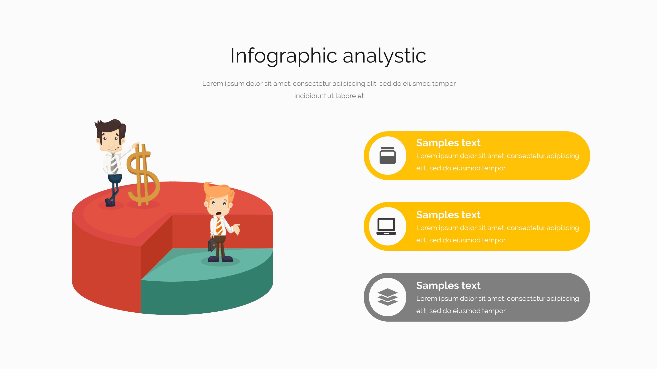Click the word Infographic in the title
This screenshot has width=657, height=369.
[284, 56]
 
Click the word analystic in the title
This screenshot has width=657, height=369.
[384, 56]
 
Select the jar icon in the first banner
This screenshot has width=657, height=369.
[388, 156]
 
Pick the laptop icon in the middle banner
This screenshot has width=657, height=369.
[386, 227]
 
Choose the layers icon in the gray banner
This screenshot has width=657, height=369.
[388, 297]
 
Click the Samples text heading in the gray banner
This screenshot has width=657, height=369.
[448, 285]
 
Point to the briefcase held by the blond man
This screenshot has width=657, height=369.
[212, 244]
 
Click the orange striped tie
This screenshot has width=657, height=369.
[219, 226]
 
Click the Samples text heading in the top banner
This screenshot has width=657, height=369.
[448, 143]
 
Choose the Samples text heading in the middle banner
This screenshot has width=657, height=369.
[448, 215]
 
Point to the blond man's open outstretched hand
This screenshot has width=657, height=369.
[236, 229]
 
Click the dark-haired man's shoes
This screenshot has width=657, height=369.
[110, 202]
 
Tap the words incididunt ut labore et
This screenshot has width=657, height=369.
[329, 96]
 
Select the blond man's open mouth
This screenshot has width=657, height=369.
[219, 214]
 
